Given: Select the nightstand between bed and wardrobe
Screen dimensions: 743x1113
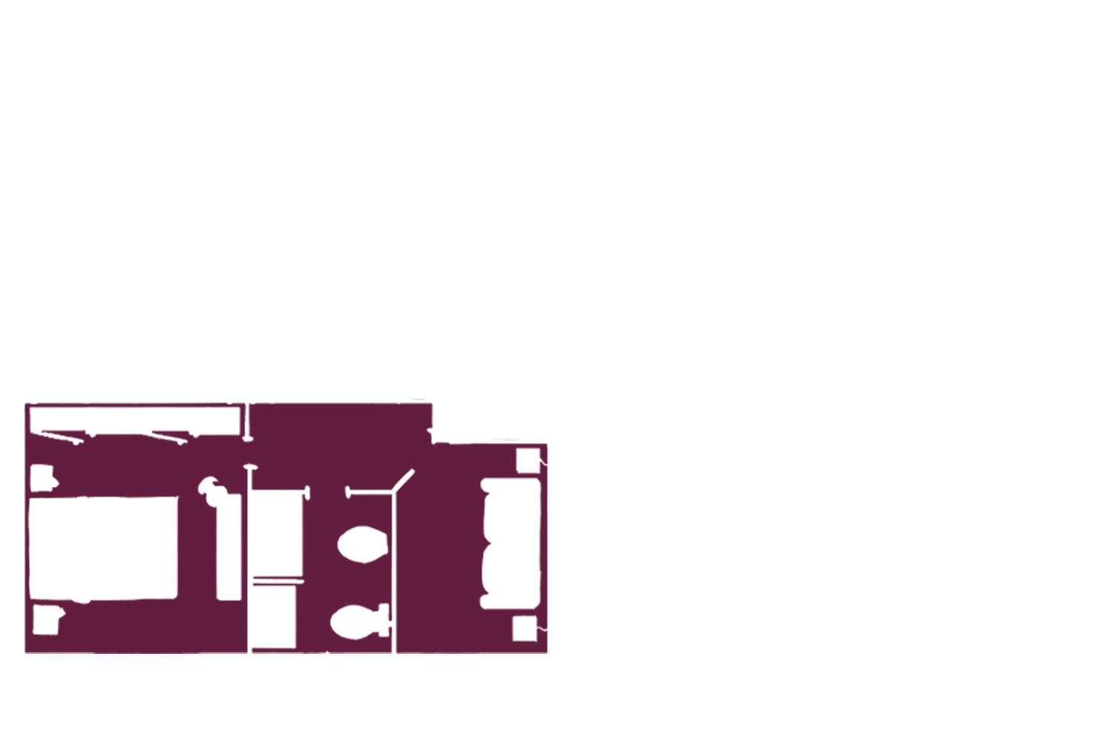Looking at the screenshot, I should pyautogui.click(x=41, y=477).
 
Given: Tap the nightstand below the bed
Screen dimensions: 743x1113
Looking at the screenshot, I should pyautogui.click(x=46, y=620).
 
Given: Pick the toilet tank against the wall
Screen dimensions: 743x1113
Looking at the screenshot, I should pyautogui.click(x=384, y=621).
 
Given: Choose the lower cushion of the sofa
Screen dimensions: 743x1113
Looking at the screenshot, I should pyautogui.click(x=510, y=575).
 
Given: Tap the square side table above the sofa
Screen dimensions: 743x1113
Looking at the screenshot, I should pyautogui.click(x=528, y=459).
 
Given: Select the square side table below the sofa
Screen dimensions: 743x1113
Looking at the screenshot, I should pyautogui.click(x=525, y=629).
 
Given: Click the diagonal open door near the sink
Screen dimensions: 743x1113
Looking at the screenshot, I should pyautogui.click(x=403, y=480).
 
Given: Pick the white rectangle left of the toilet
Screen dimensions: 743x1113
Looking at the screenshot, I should pyautogui.click(x=272, y=616).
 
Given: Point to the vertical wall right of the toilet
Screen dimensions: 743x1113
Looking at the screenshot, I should pyautogui.click(x=393, y=572).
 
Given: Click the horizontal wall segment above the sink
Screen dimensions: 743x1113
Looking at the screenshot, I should pyautogui.click(x=369, y=492).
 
